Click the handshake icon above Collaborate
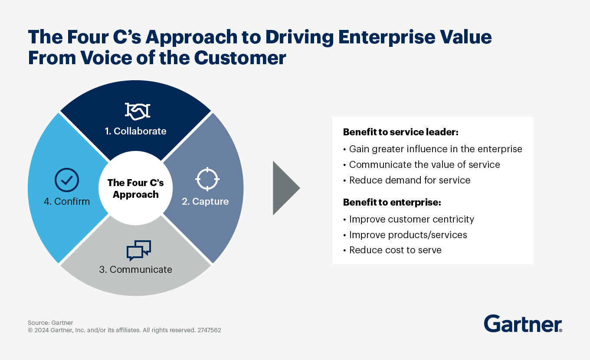[138, 111]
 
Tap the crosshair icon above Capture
[207, 179]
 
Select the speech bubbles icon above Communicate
[139, 250]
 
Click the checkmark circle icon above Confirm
[67, 180]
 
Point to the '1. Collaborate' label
[136, 131]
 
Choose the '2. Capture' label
[205, 201]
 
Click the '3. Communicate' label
[136, 269]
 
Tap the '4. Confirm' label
[67, 201]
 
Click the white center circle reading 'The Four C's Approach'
[136, 188]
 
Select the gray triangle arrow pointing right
[286, 188]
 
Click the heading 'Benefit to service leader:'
[400, 132]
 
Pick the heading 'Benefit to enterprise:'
[392, 202]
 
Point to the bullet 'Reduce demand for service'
[407, 180]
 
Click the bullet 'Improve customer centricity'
[409, 219]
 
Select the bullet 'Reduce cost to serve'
[393, 250]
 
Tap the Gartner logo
[523, 324]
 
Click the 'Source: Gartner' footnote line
[50, 323]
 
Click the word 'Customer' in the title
[240, 58]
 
